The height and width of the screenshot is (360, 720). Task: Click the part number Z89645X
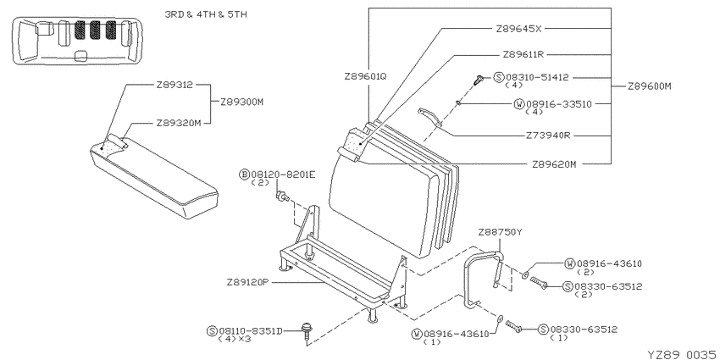tap(519, 29)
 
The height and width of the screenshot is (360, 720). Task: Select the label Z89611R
tap(523, 55)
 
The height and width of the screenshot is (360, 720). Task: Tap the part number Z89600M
tap(650, 86)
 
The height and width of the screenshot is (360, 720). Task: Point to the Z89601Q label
tap(366, 77)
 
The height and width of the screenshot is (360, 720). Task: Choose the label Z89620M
tap(554, 164)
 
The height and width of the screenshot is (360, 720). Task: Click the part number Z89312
tap(174, 85)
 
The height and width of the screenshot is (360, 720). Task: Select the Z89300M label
tap(242, 102)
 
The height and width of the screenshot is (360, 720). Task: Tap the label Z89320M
tap(178, 123)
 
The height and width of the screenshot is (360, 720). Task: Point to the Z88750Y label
tap(500, 231)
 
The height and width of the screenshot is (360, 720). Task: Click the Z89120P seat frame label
tap(247, 282)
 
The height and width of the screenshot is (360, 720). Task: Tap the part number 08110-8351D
tap(250, 330)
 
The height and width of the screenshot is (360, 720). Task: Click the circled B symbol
tap(244, 174)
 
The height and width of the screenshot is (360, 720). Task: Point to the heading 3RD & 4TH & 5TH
tap(206, 14)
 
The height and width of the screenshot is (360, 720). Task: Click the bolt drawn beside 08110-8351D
tap(304, 331)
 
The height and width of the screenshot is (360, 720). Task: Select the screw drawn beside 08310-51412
tap(479, 80)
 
